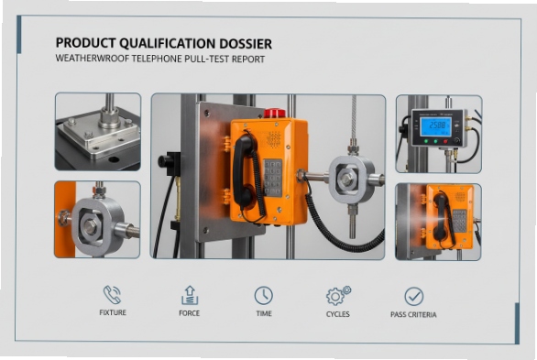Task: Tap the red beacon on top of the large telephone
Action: coord(274,114)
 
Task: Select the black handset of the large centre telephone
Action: coord(245,169)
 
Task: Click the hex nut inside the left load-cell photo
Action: coord(92,223)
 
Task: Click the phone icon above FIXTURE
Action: coord(112,295)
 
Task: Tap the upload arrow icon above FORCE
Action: coord(189,295)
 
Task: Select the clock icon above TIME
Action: coord(263,295)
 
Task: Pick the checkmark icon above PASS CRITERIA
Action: coord(413,295)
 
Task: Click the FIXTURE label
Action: coord(112,314)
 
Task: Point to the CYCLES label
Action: coord(338,314)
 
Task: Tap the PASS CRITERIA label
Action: coord(413,314)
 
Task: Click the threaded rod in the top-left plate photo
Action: coord(109,107)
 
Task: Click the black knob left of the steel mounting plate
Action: coord(166,161)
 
